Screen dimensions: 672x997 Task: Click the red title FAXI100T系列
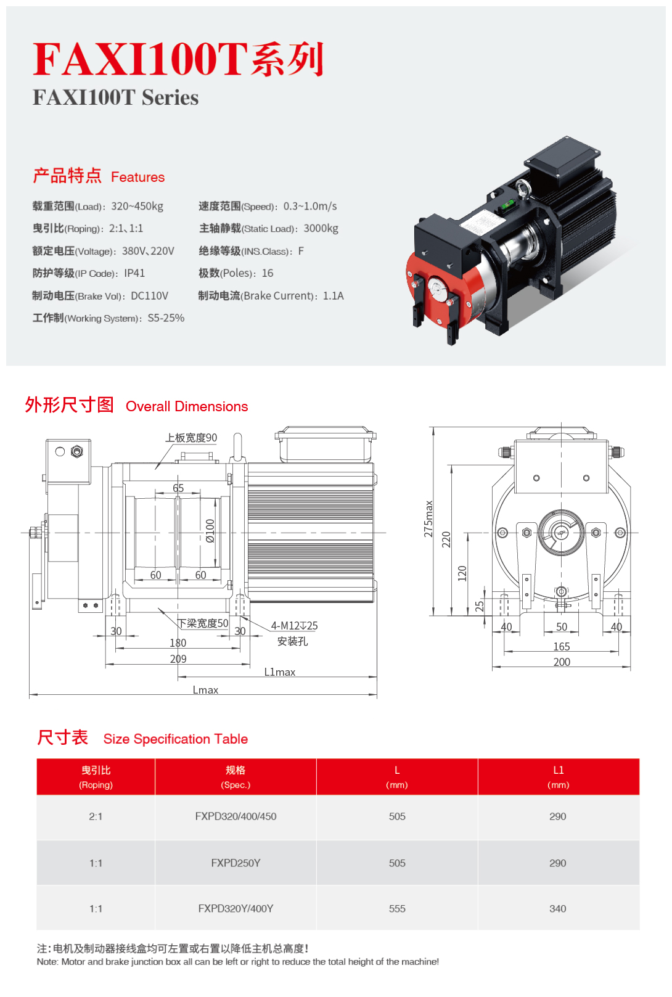click(x=178, y=59)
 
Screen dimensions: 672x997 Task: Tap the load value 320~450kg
click(x=137, y=207)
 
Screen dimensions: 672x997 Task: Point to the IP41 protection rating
click(x=134, y=273)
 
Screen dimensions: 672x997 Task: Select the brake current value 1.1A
click(x=334, y=296)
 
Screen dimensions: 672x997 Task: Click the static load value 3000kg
click(x=321, y=229)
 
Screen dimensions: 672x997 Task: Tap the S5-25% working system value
click(x=166, y=318)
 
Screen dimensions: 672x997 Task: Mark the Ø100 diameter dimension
click(x=210, y=530)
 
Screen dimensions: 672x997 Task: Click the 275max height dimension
click(x=428, y=519)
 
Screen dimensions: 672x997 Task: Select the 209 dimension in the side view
click(x=178, y=659)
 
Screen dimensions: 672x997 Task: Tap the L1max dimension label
click(x=279, y=672)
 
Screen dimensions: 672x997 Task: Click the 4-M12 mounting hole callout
click(x=295, y=626)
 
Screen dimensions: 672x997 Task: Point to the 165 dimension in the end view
click(x=562, y=646)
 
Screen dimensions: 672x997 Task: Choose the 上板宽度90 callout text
click(x=191, y=438)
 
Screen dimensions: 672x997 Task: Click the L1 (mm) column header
click(x=559, y=777)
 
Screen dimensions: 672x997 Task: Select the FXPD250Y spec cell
click(x=236, y=863)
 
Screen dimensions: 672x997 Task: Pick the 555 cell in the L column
click(x=397, y=908)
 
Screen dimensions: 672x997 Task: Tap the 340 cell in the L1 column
click(x=557, y=908)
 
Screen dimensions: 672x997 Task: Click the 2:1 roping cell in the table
click(x=96, y=816)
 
